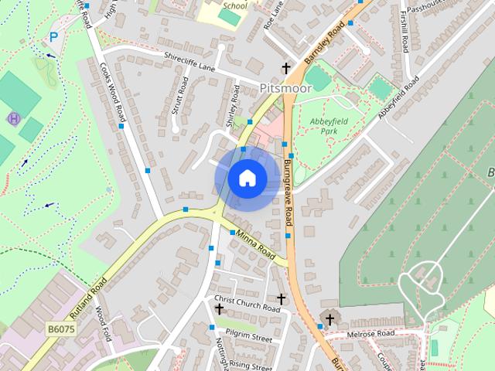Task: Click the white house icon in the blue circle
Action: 247,178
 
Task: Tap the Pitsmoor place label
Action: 285,88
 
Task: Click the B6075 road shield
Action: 61,329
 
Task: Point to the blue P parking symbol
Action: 53,36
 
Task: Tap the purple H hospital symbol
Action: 12,118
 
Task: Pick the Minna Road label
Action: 255,245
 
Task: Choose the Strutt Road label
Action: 179,95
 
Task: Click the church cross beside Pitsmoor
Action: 285,69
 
